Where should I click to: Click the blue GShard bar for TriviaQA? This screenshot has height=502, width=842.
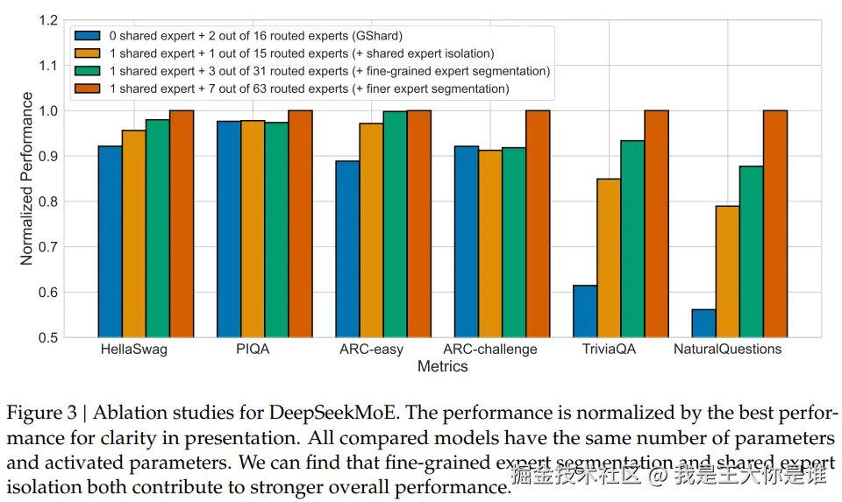(585, 311)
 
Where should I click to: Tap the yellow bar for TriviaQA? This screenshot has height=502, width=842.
(609, 258)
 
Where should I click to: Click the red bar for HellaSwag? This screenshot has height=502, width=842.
(182, 223)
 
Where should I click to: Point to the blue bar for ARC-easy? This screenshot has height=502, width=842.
(347, 249)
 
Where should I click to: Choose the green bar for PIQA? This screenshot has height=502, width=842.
(276, 230)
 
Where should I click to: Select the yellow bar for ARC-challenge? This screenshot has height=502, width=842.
(490, 244)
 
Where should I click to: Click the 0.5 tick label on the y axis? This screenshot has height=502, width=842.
(49, 337)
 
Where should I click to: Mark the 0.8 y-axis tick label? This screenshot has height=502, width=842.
(49, 202)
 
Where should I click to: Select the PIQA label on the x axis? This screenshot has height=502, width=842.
(253, 350)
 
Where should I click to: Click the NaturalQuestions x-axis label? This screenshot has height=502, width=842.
(727, 350)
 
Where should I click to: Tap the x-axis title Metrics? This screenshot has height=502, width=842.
(442, 367)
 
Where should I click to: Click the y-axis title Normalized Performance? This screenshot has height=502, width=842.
(27, 179)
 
